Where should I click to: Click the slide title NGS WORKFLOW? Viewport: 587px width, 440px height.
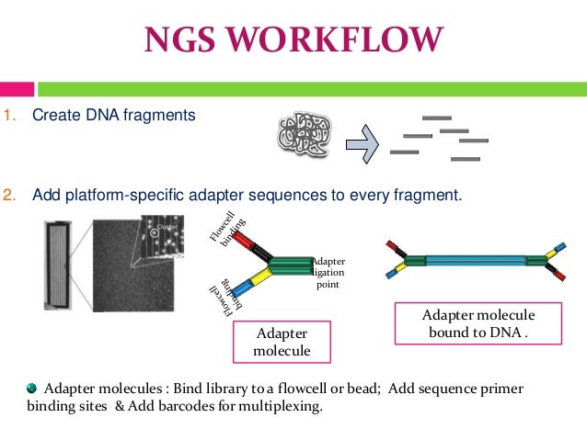[x=293, y=40]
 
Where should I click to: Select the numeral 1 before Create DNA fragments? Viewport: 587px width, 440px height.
[x=8, y=116]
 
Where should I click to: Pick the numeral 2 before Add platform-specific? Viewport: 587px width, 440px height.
[x=8, y=196]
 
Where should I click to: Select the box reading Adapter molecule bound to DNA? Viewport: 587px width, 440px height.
[x=478, y=323]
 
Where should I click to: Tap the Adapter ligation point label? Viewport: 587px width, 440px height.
[x=328, y=273]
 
